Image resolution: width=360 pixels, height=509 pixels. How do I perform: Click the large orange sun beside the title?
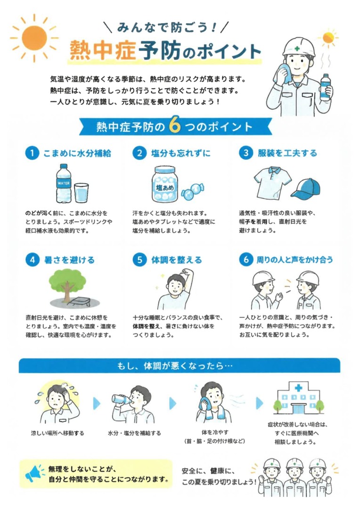coord(34,38)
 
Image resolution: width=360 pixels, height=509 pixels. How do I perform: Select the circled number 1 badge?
coord(32,153)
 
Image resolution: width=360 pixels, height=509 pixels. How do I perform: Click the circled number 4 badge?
coord(32,260)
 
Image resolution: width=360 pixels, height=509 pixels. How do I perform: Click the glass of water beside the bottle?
coord(81,193)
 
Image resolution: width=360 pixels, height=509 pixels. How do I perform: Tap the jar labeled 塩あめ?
coord(164,184)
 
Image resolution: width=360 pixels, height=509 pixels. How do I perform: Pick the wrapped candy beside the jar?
coord(192,191)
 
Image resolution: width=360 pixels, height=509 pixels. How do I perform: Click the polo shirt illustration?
coord(272,182)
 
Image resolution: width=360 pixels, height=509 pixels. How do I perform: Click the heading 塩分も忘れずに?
coord(181,153)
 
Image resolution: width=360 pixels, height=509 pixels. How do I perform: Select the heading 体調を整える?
coord(177,260)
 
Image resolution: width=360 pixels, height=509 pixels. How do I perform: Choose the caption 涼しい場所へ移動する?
coord(57,433)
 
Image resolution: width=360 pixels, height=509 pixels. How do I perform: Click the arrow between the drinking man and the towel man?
coord(173,403)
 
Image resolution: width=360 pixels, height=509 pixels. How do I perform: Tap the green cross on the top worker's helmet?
coord(297,49)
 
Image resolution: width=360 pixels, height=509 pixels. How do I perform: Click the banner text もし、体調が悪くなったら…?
coord(175,366)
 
